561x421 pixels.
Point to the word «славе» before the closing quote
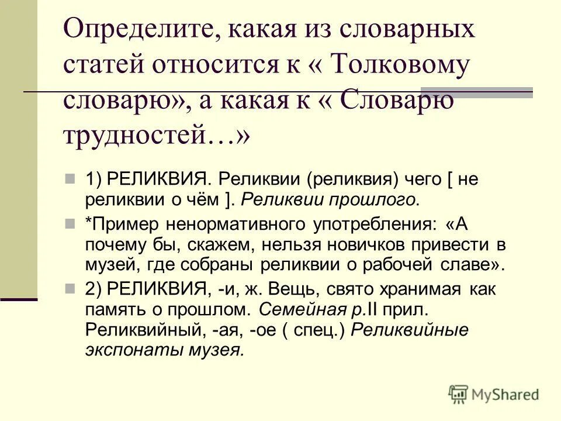click(470, 264)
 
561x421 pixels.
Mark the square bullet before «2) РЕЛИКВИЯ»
click(70, 289)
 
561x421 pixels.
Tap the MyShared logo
click(493, 395)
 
